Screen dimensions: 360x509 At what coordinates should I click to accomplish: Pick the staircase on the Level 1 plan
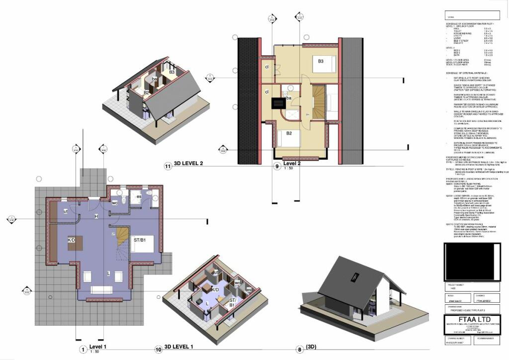click(122, 242)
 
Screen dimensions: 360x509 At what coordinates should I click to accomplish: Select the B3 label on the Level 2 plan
click(321, 61)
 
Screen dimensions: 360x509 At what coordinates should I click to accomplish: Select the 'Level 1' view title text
click(98, 346)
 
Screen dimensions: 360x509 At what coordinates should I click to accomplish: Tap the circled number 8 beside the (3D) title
click(299, 350)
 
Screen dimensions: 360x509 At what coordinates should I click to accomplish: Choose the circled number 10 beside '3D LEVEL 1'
click(158, 350)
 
